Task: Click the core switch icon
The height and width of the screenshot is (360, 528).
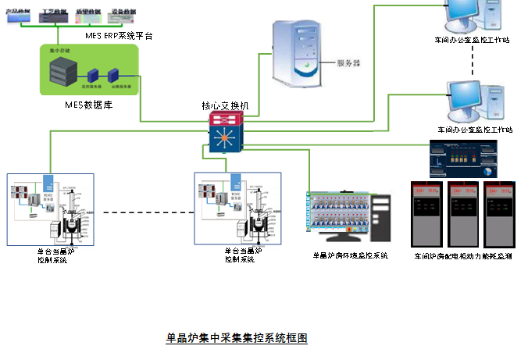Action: [x=226, y=131]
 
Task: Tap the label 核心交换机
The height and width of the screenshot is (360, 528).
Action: [x=224, y=105]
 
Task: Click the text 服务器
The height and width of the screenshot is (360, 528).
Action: [x=346, y=62]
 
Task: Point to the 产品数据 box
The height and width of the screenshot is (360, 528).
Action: [x=20, y=15]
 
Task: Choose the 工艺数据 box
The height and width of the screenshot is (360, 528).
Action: [x=54, y=15]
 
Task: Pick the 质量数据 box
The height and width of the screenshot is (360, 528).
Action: [x=87, y=15]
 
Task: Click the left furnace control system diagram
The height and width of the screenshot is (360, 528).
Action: [x=51, y=209]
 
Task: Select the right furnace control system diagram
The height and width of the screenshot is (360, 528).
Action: [x=237, y=209]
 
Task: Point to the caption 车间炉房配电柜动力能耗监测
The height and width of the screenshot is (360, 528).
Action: [x=462, y=255]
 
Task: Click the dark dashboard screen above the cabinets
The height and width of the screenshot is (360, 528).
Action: [x=462, y=159]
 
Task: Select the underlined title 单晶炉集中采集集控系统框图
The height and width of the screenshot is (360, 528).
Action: [x=237, y=338]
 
